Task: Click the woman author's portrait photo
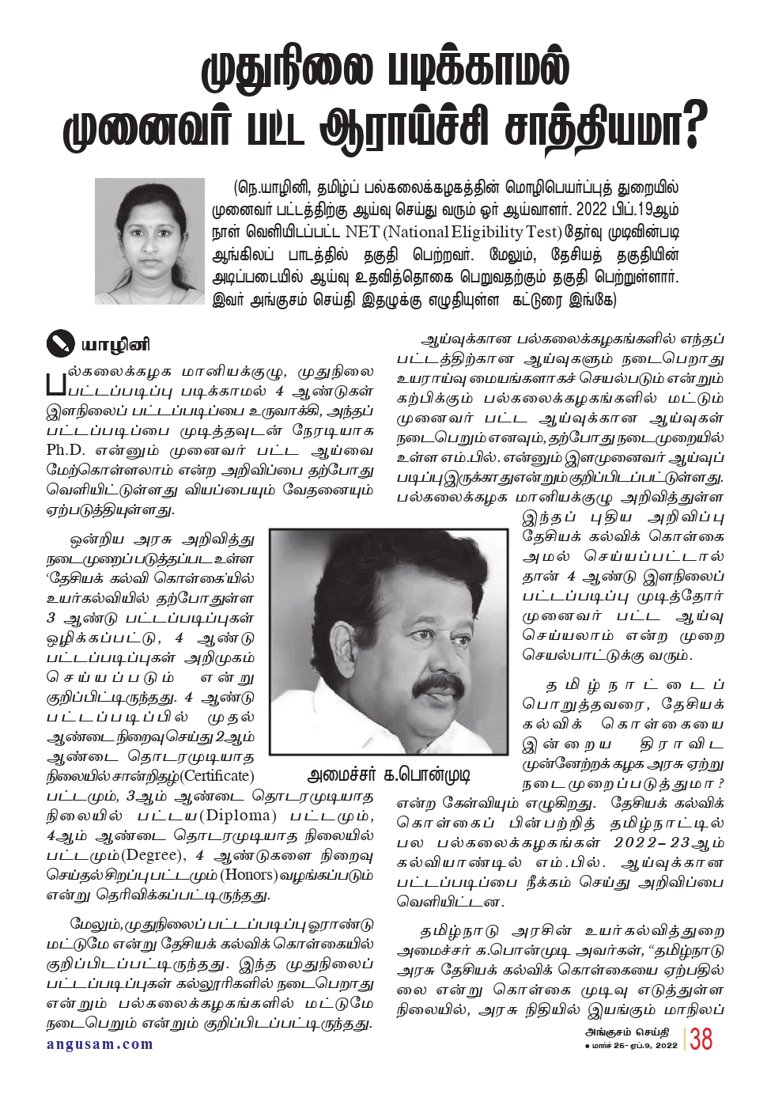[x=149, y=241]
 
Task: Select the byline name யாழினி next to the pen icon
[x=115, y=345]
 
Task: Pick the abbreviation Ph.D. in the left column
[x=65, y=451]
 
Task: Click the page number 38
[x=701, y=1039]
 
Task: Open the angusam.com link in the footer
[x=100, y=1044]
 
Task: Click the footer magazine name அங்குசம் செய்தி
[x=626, y=1032]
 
